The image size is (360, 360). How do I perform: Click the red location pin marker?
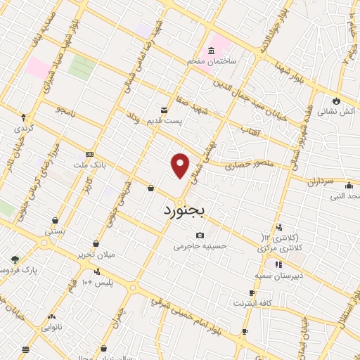click(x=181, y=165)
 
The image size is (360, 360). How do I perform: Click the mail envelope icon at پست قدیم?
click(x=164, y=110)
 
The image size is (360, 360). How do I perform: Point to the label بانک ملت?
click(x=89, y=165)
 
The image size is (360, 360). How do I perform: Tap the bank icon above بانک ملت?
click(x=89, y=154)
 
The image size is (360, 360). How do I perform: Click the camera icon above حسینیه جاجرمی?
click(x=200, y=235)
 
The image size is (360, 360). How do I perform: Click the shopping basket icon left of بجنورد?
click(x=151, y=188)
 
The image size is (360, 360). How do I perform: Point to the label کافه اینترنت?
click(x=253, y=303)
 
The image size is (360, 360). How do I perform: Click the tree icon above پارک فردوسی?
click(x=15, y=259)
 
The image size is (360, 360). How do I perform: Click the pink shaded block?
click(x=38, y=67)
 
